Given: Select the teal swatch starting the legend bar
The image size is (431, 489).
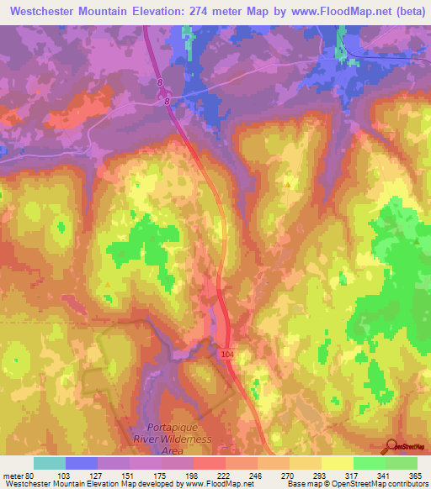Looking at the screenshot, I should pyautogui.click(x=50, y=463).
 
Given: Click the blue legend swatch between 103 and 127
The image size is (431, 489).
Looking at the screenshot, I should pyautogui.click(x=82, y=463).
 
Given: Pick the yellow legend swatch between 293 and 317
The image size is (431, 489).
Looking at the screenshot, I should pyautogui.click(x=338, y=463).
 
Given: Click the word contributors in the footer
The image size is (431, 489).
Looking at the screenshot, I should pyautogui.click(x=404, y=484).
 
